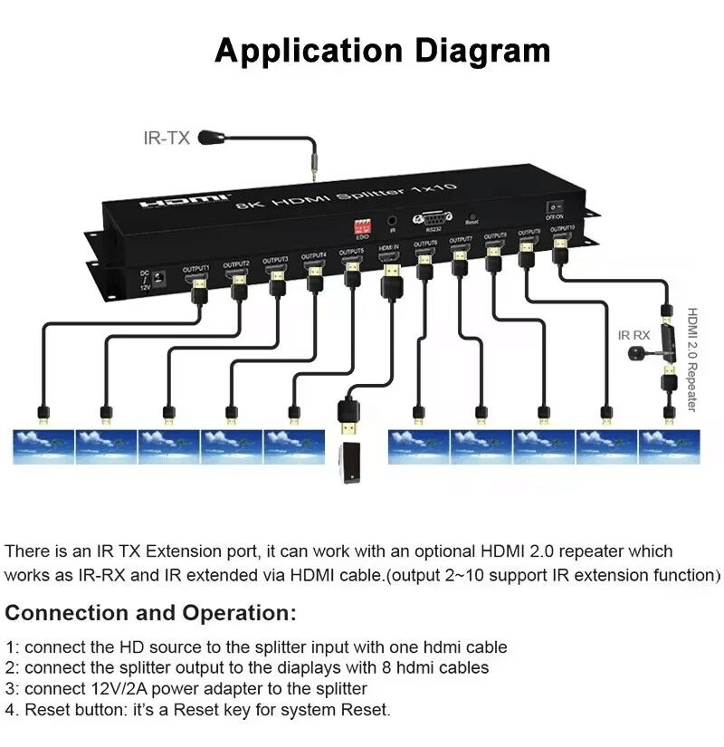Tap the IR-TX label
point(167,139)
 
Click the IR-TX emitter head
point(212,138)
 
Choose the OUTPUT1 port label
point(196,268)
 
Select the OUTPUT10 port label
point(562,229)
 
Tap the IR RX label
point(633,335)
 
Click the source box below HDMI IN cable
point(350,463)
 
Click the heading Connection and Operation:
point(150,613)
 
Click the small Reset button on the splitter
point(472,215)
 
